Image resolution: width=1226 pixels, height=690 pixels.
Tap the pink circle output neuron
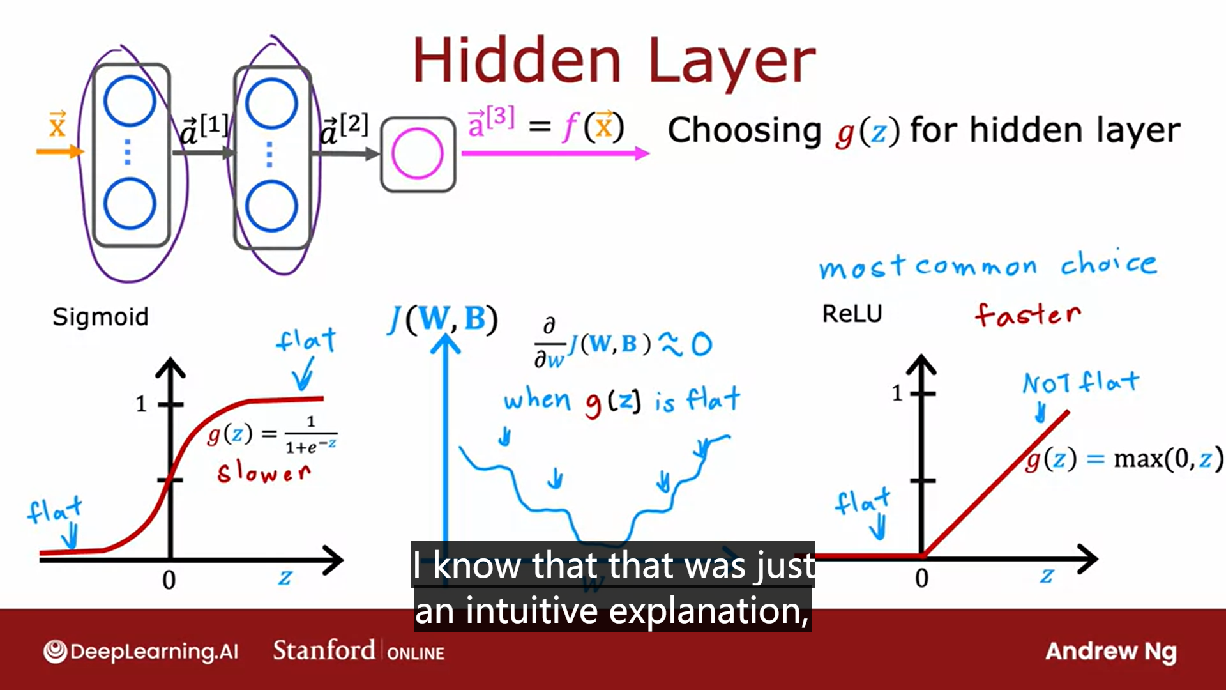[418, 154]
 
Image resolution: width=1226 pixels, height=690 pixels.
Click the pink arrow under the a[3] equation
[555, 153]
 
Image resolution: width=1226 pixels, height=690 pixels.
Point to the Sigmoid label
[100, 317]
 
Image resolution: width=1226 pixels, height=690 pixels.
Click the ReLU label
[852, 314]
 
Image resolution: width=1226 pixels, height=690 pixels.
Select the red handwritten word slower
[264, 473]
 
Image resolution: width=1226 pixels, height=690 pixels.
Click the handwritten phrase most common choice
[988, 264]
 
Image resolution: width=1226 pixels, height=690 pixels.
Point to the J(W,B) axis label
[443, 319]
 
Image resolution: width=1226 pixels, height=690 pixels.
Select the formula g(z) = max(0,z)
[1124, 459]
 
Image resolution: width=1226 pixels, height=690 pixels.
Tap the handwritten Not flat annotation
[1081, 383]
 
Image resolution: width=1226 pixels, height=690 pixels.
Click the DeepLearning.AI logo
[140, 652]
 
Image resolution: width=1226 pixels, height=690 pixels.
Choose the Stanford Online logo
[359, 651]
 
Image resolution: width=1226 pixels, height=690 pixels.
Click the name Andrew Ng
[1111, 652]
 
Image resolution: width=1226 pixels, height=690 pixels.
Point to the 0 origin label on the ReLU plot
[921, 578]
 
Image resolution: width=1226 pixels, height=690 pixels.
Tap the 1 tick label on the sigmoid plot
[141, 404]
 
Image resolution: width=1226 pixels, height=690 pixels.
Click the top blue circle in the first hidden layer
[130, 101]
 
